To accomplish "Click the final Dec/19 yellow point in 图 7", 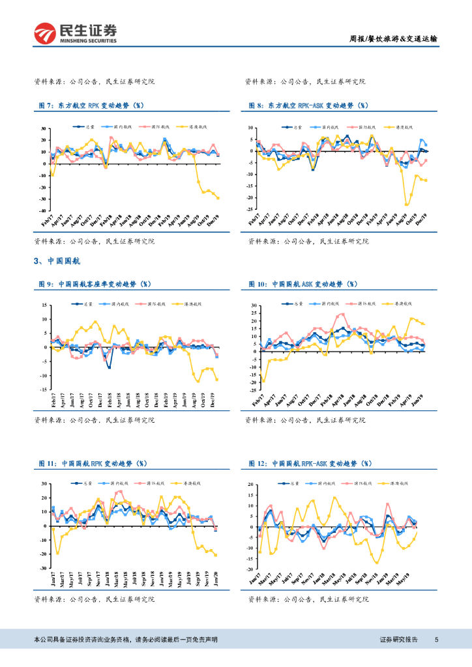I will pyautogui.click(x=218, y=198).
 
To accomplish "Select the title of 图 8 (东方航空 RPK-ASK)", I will pyautogui.click(x=308, y=105).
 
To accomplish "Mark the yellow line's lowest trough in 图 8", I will pyautogui.click(x=407, y=205).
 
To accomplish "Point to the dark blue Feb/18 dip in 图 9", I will pyautogui.click(x=110, y=367).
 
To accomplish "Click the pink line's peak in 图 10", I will pyautogui.click(x=342, y=314).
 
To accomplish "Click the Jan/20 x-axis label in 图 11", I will pyautogui.click(x=216, y=577).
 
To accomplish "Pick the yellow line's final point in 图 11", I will pyautogui.click(x=216, y=555).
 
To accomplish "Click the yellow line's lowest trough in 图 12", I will pyautogui.click(x=376, y=563).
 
